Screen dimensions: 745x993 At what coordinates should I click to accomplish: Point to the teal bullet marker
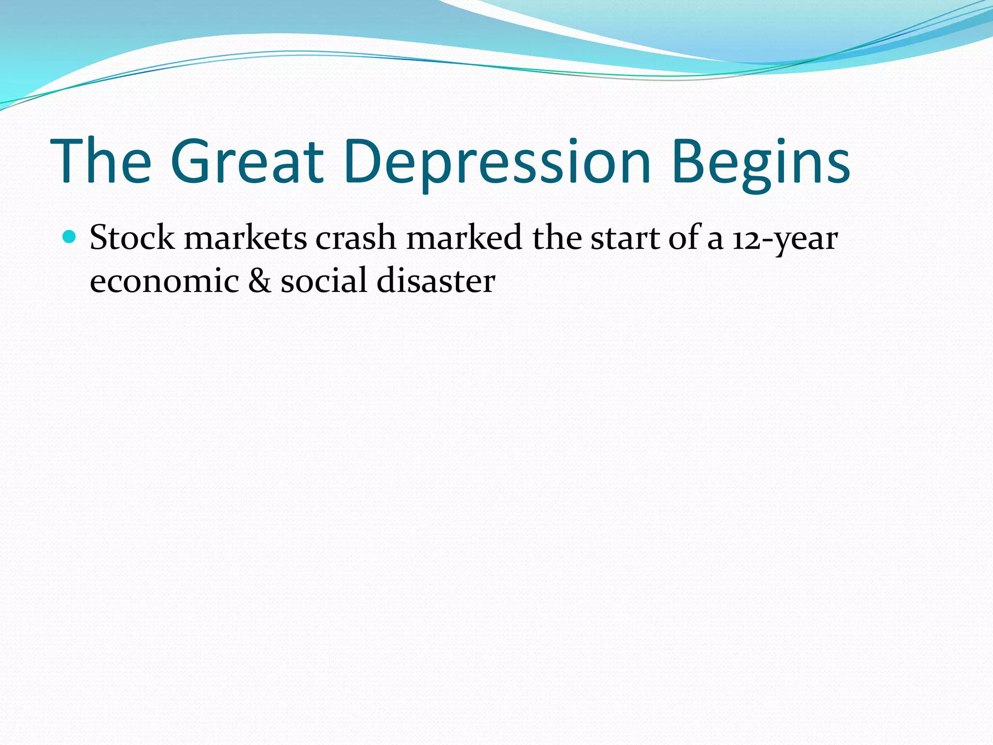point(70,237)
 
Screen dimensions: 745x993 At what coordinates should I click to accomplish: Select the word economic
point(164,281)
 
